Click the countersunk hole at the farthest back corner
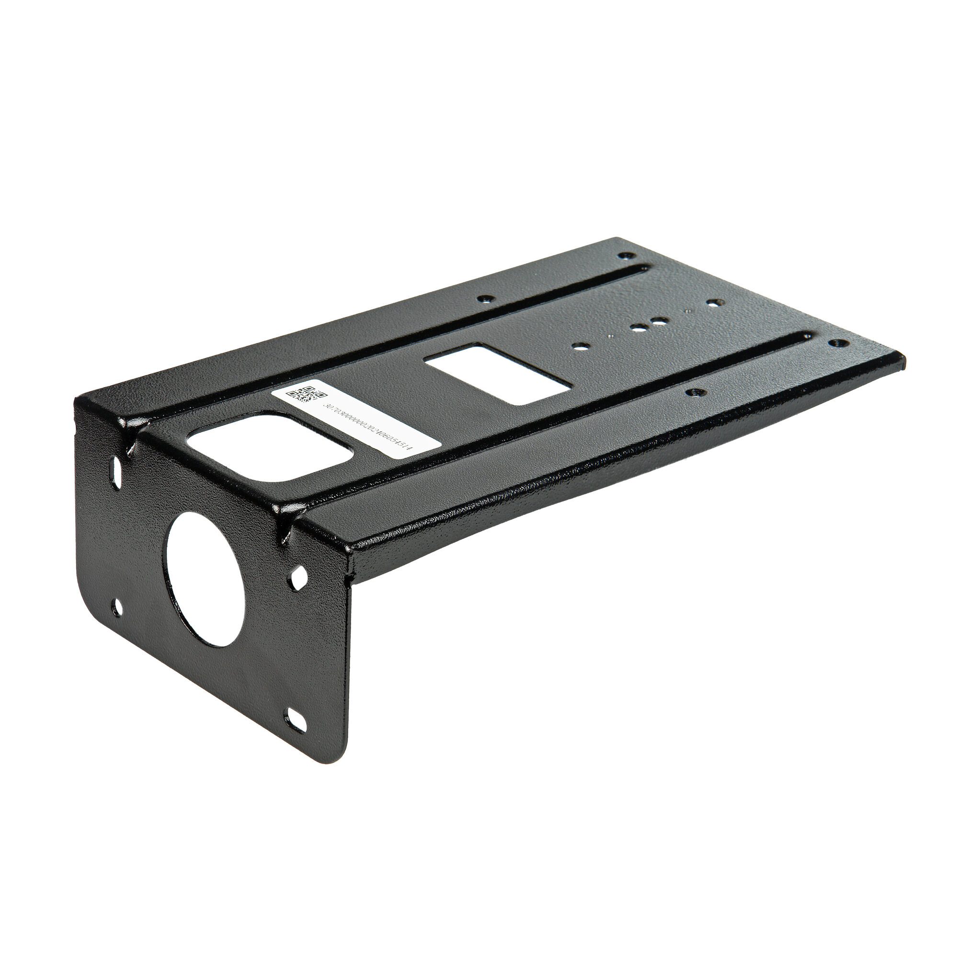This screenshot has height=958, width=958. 627,256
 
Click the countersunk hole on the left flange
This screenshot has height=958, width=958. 486,299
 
